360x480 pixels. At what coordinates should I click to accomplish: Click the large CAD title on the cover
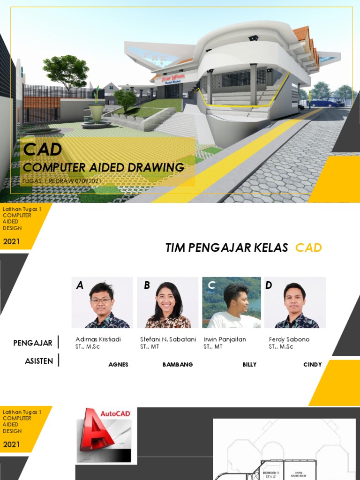43,150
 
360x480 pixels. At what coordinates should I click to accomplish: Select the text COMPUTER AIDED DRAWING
104,167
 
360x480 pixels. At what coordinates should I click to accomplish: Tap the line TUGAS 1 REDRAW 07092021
62,180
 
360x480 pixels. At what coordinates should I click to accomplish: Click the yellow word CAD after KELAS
308,248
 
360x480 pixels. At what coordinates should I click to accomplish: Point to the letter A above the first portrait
80,285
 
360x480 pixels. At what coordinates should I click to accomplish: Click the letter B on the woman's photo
147,285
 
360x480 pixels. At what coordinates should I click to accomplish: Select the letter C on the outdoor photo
211,285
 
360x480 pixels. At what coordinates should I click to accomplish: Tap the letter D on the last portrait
269,285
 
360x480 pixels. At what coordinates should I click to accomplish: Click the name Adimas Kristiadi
98,339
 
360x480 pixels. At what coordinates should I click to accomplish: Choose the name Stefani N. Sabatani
168,339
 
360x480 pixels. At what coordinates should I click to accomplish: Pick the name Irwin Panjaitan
225,339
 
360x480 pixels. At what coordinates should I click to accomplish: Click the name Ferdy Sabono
289,339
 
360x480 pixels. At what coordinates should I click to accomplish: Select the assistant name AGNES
118,365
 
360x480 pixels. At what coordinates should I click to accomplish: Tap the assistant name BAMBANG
178,365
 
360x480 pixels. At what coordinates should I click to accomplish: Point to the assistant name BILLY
249,365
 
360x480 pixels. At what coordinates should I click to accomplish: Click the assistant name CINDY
312,365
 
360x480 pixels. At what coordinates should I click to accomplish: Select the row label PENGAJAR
33,343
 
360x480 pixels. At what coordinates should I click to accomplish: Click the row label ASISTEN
39,361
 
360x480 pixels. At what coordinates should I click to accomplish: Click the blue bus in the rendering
327,102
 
